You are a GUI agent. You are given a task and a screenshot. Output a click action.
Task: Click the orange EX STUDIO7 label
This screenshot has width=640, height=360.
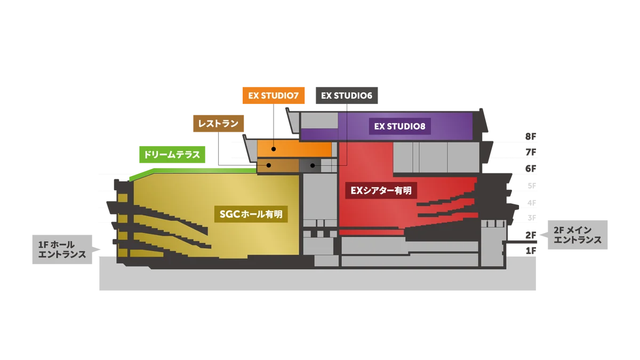[273, 97]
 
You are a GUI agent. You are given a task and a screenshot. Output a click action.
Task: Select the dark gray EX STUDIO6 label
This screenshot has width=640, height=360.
[346, 97]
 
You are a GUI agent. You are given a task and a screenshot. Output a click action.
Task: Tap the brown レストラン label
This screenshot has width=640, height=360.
[219, 124]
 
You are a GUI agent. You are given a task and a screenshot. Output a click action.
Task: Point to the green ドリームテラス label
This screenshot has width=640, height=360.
[172, 155]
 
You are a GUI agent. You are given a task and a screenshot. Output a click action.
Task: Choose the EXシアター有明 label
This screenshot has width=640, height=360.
[381, 190]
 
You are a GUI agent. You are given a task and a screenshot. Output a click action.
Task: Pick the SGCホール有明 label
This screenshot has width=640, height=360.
[251, 214]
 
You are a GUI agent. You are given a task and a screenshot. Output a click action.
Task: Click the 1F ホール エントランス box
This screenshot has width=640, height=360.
[62, 250]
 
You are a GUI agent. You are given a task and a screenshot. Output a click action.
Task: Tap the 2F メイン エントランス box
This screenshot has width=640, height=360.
[578, 235]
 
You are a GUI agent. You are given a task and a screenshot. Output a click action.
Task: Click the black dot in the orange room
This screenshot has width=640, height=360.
[274, 149]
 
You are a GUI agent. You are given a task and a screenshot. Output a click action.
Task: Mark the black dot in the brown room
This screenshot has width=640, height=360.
[269, 165]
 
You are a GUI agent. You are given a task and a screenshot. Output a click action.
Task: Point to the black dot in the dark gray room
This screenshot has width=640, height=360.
[313, 166]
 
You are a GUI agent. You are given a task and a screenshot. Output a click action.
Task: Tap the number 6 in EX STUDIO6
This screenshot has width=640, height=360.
[369, 97]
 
